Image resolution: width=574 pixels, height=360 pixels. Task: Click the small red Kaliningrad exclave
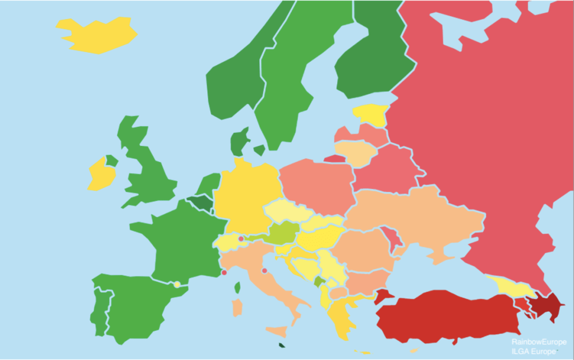click(x=333, y=159)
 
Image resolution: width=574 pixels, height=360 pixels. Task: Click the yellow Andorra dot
click(x=177, y=284)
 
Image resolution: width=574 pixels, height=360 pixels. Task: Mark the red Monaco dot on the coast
click(x=224, y=273)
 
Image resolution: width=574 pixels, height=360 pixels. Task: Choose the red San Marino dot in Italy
click(x=264, y=271)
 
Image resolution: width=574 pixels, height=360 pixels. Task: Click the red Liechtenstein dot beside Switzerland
click(x=241, y=239)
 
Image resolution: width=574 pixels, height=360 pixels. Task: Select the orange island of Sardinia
click(x=237, y=307)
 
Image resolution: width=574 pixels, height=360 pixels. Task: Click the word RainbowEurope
click(x=534, y=341)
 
